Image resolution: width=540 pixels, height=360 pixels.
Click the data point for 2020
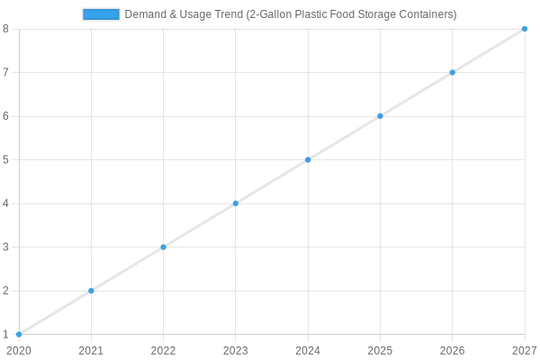[x=19, y=335]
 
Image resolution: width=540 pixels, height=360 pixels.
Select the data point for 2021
[x=91, y=291]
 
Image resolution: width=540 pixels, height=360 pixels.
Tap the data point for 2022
[x=163, y=247]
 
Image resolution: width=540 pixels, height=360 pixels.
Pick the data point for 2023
[x=236, y=203]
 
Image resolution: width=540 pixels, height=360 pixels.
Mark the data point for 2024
[x=308, y=159]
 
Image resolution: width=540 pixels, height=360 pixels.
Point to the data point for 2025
[x=380, y=116]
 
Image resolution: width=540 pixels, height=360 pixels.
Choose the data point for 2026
[x=452, y=72]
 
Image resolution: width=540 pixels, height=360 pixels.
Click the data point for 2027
[x=525, y=29]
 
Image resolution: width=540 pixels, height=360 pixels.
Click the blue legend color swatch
[x=101, y=14]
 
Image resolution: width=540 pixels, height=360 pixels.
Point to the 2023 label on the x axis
[x=236, y=350]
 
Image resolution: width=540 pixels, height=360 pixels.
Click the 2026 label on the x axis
[x=452, y=350]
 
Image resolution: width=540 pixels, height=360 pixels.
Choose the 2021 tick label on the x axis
[x=91, y=350]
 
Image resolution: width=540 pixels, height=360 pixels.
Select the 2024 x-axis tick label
[x=308, y=350]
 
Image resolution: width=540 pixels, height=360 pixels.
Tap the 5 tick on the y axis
[x=6, y=159]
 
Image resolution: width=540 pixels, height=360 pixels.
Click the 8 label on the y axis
[x=6, y=29]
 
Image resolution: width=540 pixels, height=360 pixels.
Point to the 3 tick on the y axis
[x=6, y=247]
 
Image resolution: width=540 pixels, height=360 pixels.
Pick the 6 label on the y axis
[x=6, y=116]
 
